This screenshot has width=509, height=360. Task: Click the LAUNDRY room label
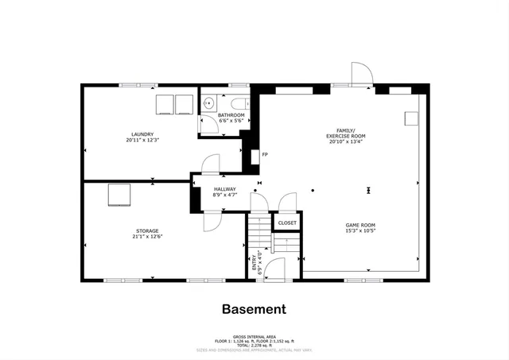point(142,134)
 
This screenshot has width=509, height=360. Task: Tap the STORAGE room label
point(146,230)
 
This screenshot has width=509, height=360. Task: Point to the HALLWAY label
point(225,188)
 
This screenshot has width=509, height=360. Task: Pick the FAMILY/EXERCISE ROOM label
point(346,134)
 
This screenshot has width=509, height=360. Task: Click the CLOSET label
point(287,223)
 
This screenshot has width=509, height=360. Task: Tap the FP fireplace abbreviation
point(265,154)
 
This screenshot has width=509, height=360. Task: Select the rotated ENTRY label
point(255,261)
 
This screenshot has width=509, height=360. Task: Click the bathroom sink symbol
point(208,103)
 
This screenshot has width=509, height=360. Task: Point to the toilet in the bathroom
point(238,103)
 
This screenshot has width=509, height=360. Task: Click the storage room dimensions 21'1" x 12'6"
point(146,237)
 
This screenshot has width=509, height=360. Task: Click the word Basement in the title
point(254,309)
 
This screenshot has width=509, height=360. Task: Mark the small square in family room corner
point(411,118)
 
